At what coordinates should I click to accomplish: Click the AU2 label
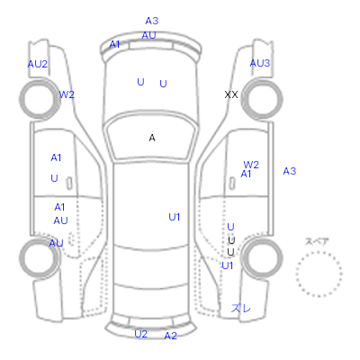click(x=38, y=64)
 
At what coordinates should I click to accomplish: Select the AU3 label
click(x=260, y=63)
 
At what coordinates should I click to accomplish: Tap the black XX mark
click(x=231, y=94)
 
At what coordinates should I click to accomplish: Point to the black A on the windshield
click(x=152, y=138)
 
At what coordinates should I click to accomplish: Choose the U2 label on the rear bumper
click(x=140, y=334)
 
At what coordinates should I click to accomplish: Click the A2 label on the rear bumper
click(x=170, y=336)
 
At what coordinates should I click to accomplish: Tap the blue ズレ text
click(x=240, y=308)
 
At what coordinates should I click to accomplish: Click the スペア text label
click(x=317, y=241)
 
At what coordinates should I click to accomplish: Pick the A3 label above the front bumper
click(x=152, y=21)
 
